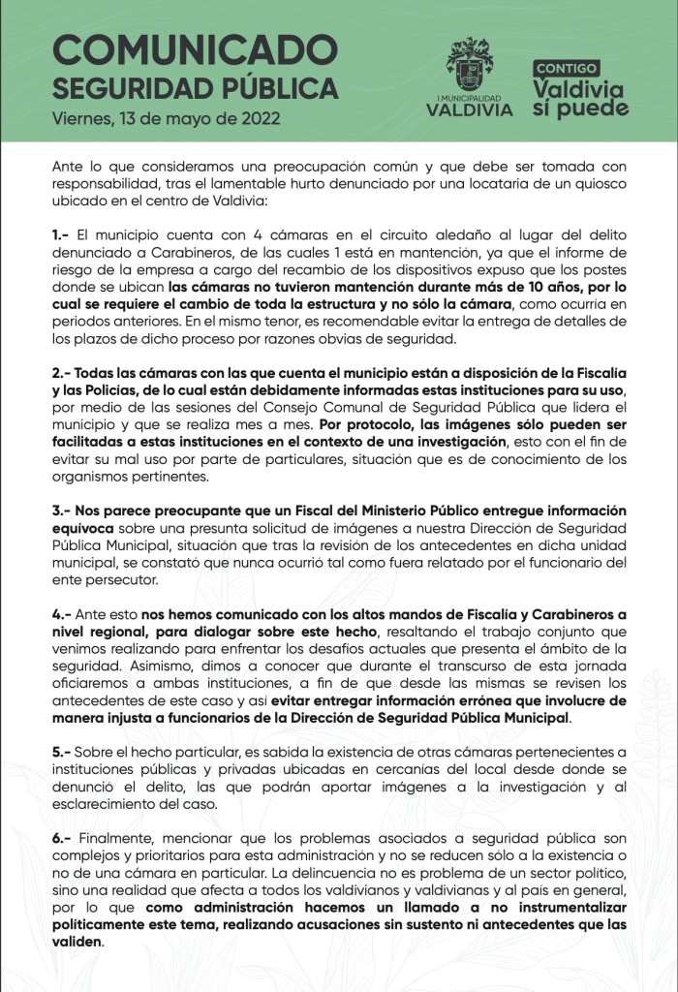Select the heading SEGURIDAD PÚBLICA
pos(195,88)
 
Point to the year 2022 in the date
pos(261,119)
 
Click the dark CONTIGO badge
pos(567,68)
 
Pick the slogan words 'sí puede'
pos(580,108)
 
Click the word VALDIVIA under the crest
pos(470,109)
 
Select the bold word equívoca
pos(83,528)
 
